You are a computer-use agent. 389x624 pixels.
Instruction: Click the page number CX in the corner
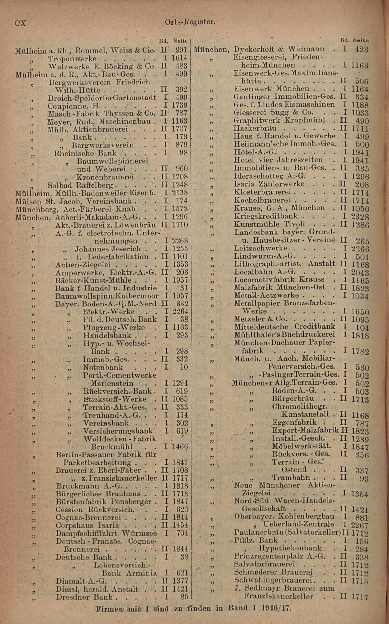tap(21, 23)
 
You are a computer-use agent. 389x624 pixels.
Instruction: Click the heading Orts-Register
tap(190, 22)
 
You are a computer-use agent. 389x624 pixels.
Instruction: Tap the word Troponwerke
tap(72, 58)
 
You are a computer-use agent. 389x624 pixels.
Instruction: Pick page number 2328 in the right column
tap(360, 217)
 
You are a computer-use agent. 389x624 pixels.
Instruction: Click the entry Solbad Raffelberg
tap(80, 185)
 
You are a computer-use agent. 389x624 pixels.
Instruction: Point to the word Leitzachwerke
tap(261, 248)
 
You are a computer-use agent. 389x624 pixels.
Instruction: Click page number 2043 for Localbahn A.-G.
tap(360, 273)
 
